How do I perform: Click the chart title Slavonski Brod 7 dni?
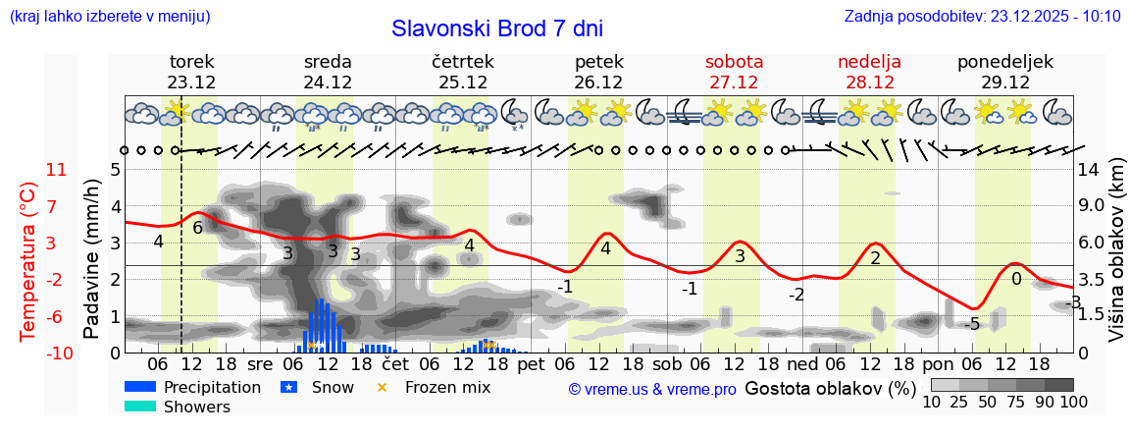click(496, 28)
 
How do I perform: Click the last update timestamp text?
click(982, 16)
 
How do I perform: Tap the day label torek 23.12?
click(191, 72)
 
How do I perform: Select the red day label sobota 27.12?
click(734, 72)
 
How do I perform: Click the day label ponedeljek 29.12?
click(1005, 72)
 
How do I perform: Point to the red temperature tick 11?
click(56, 170)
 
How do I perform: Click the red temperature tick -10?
click(54, 353)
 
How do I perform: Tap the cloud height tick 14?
click(1089, 170)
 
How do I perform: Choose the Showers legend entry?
click(196, 407)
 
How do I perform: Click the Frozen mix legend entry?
click(446, 387)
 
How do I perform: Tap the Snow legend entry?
click(333, 387)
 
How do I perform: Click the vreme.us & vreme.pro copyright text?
click(652, 389)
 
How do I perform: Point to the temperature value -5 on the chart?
click(971, 325)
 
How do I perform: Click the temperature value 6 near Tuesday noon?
click(197, 228)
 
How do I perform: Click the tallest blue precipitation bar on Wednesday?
click(322, 325)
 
